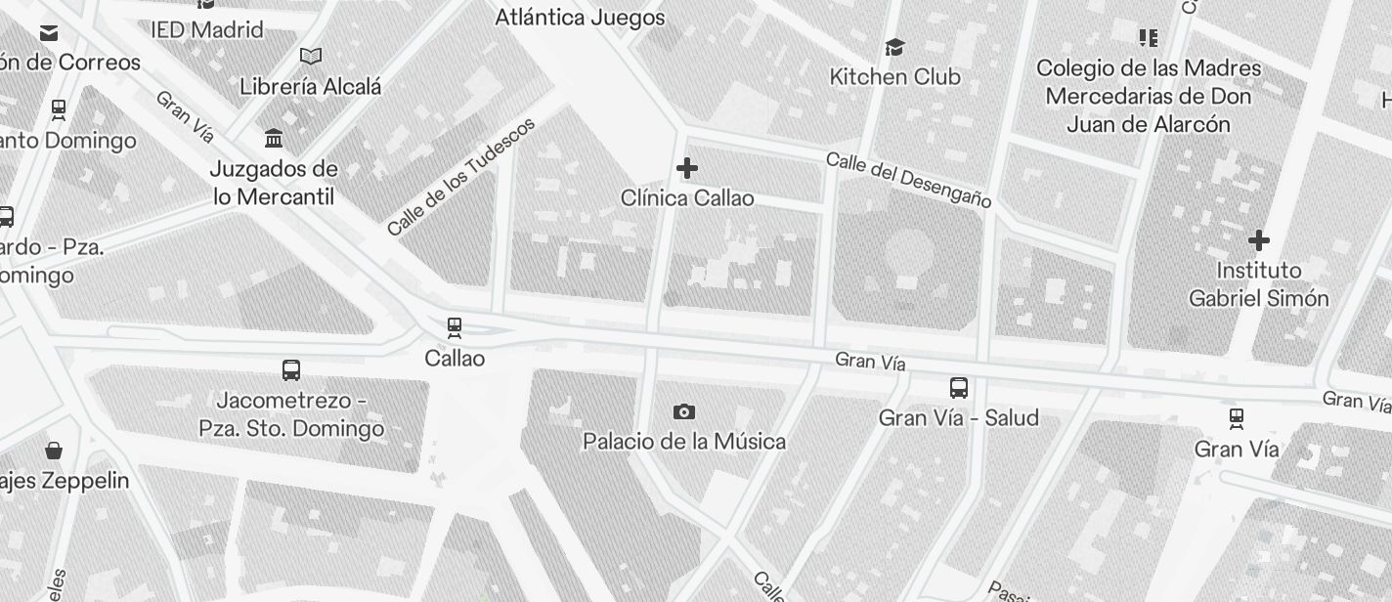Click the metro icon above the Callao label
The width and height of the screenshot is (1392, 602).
454,328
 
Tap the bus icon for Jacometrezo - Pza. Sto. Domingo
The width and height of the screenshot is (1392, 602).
290,370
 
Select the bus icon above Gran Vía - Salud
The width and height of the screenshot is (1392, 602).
959,388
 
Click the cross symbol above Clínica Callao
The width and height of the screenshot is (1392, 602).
687,168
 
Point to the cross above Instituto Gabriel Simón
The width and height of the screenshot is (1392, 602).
1259,240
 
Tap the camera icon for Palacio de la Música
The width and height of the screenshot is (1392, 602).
684,411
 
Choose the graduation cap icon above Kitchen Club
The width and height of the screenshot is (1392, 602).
894,47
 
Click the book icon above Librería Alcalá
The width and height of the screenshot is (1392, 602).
311,57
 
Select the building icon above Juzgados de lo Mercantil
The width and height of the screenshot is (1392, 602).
274,138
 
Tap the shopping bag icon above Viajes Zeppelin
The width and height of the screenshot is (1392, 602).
54,450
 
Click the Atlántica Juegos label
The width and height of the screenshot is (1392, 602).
580,18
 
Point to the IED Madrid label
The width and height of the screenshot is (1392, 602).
207,29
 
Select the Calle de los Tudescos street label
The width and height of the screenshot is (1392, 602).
461,177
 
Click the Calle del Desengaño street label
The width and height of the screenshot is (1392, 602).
908,179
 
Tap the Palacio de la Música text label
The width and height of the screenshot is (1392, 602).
684,442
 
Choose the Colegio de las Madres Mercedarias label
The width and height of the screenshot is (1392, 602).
1149,96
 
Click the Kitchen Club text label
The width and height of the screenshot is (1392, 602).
894,76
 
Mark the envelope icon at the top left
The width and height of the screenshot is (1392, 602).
49,33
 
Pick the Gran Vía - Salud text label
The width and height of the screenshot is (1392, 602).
959,418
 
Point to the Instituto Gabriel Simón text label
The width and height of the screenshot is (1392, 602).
1259,284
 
